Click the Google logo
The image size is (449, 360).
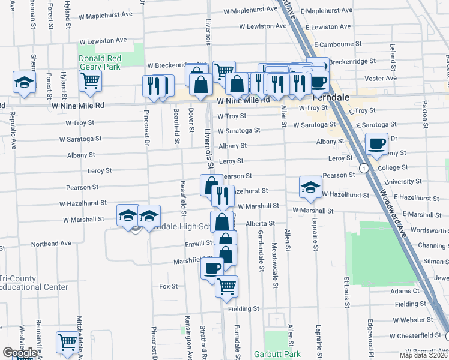pos(19,353)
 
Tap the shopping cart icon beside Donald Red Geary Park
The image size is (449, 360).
pos(90,80)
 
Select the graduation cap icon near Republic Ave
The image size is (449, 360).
pos(23,82)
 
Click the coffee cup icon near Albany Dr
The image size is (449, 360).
pos(376,144)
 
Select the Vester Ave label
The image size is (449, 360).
pos(384,78)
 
